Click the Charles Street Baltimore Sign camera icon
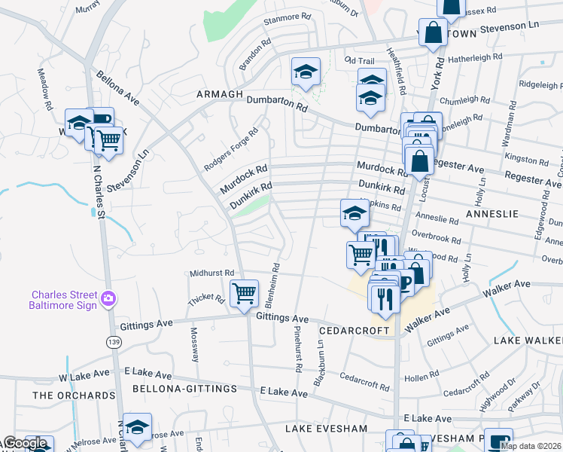tap(109, 299)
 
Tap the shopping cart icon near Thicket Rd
tap(244, 294)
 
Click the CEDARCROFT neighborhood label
tap(353, 331)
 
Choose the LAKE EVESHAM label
tap(326, 428)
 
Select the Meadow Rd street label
tap(44, 90)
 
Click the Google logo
tap(24, 444)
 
